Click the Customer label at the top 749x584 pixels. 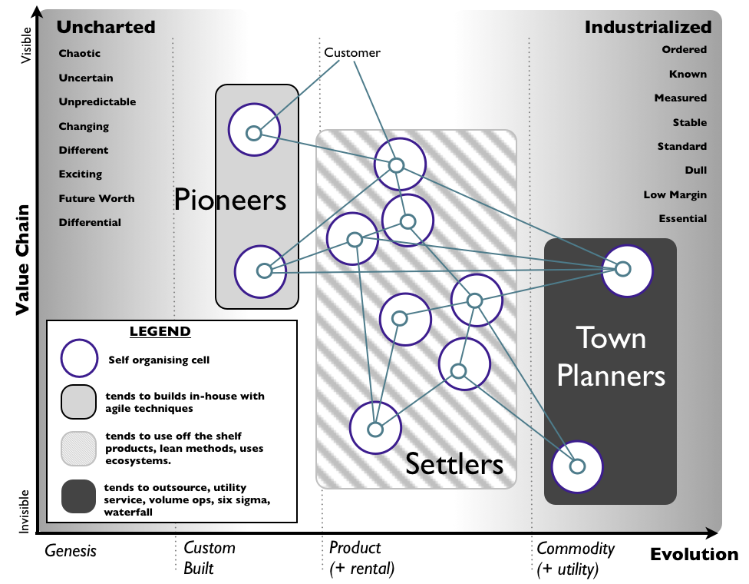tap(352, 52)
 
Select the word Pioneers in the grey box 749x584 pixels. tap(229, 200)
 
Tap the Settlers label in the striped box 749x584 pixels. tap(454, 463)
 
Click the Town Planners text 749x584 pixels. tap(611, 357)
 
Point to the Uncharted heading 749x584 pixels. tap(106, 27)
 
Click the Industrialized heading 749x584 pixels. tap(648, 27)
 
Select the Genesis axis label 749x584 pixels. tap(71, 549)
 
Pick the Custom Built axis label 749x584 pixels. tap(209, 559)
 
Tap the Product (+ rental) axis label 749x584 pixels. tap(361, 559)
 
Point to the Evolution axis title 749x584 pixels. tap(694, 554)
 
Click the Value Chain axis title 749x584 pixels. tap(22, 260)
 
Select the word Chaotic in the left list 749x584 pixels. tap(80, 54)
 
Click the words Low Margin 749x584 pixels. tap(675, 194)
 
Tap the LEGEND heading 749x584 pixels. tap(160, 332)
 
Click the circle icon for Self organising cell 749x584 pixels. tap(79, 359)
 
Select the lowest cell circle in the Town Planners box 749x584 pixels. tap(577, 466)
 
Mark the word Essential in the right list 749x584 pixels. tap(682, 218)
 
